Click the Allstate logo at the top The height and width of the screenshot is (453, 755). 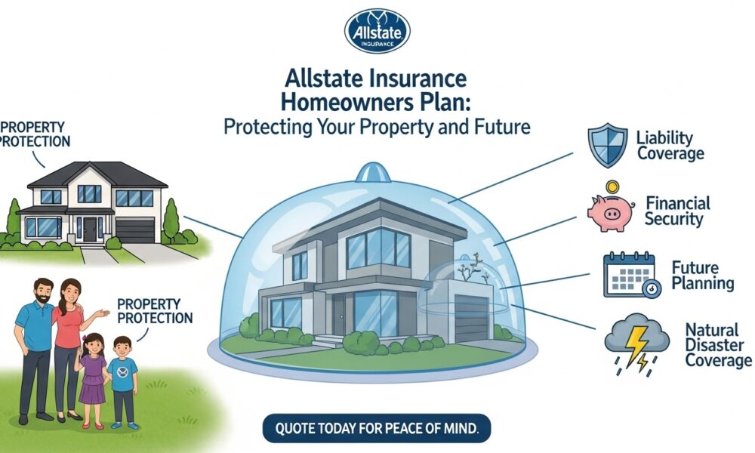click(377, 31)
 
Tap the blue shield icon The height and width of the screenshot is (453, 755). click(609, 146)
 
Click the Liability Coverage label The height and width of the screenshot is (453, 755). click(670, 145)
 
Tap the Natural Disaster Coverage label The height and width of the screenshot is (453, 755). click(717, 345)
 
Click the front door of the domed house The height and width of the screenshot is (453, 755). click(338, 315)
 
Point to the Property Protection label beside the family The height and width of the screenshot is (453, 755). click(155, 310)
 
